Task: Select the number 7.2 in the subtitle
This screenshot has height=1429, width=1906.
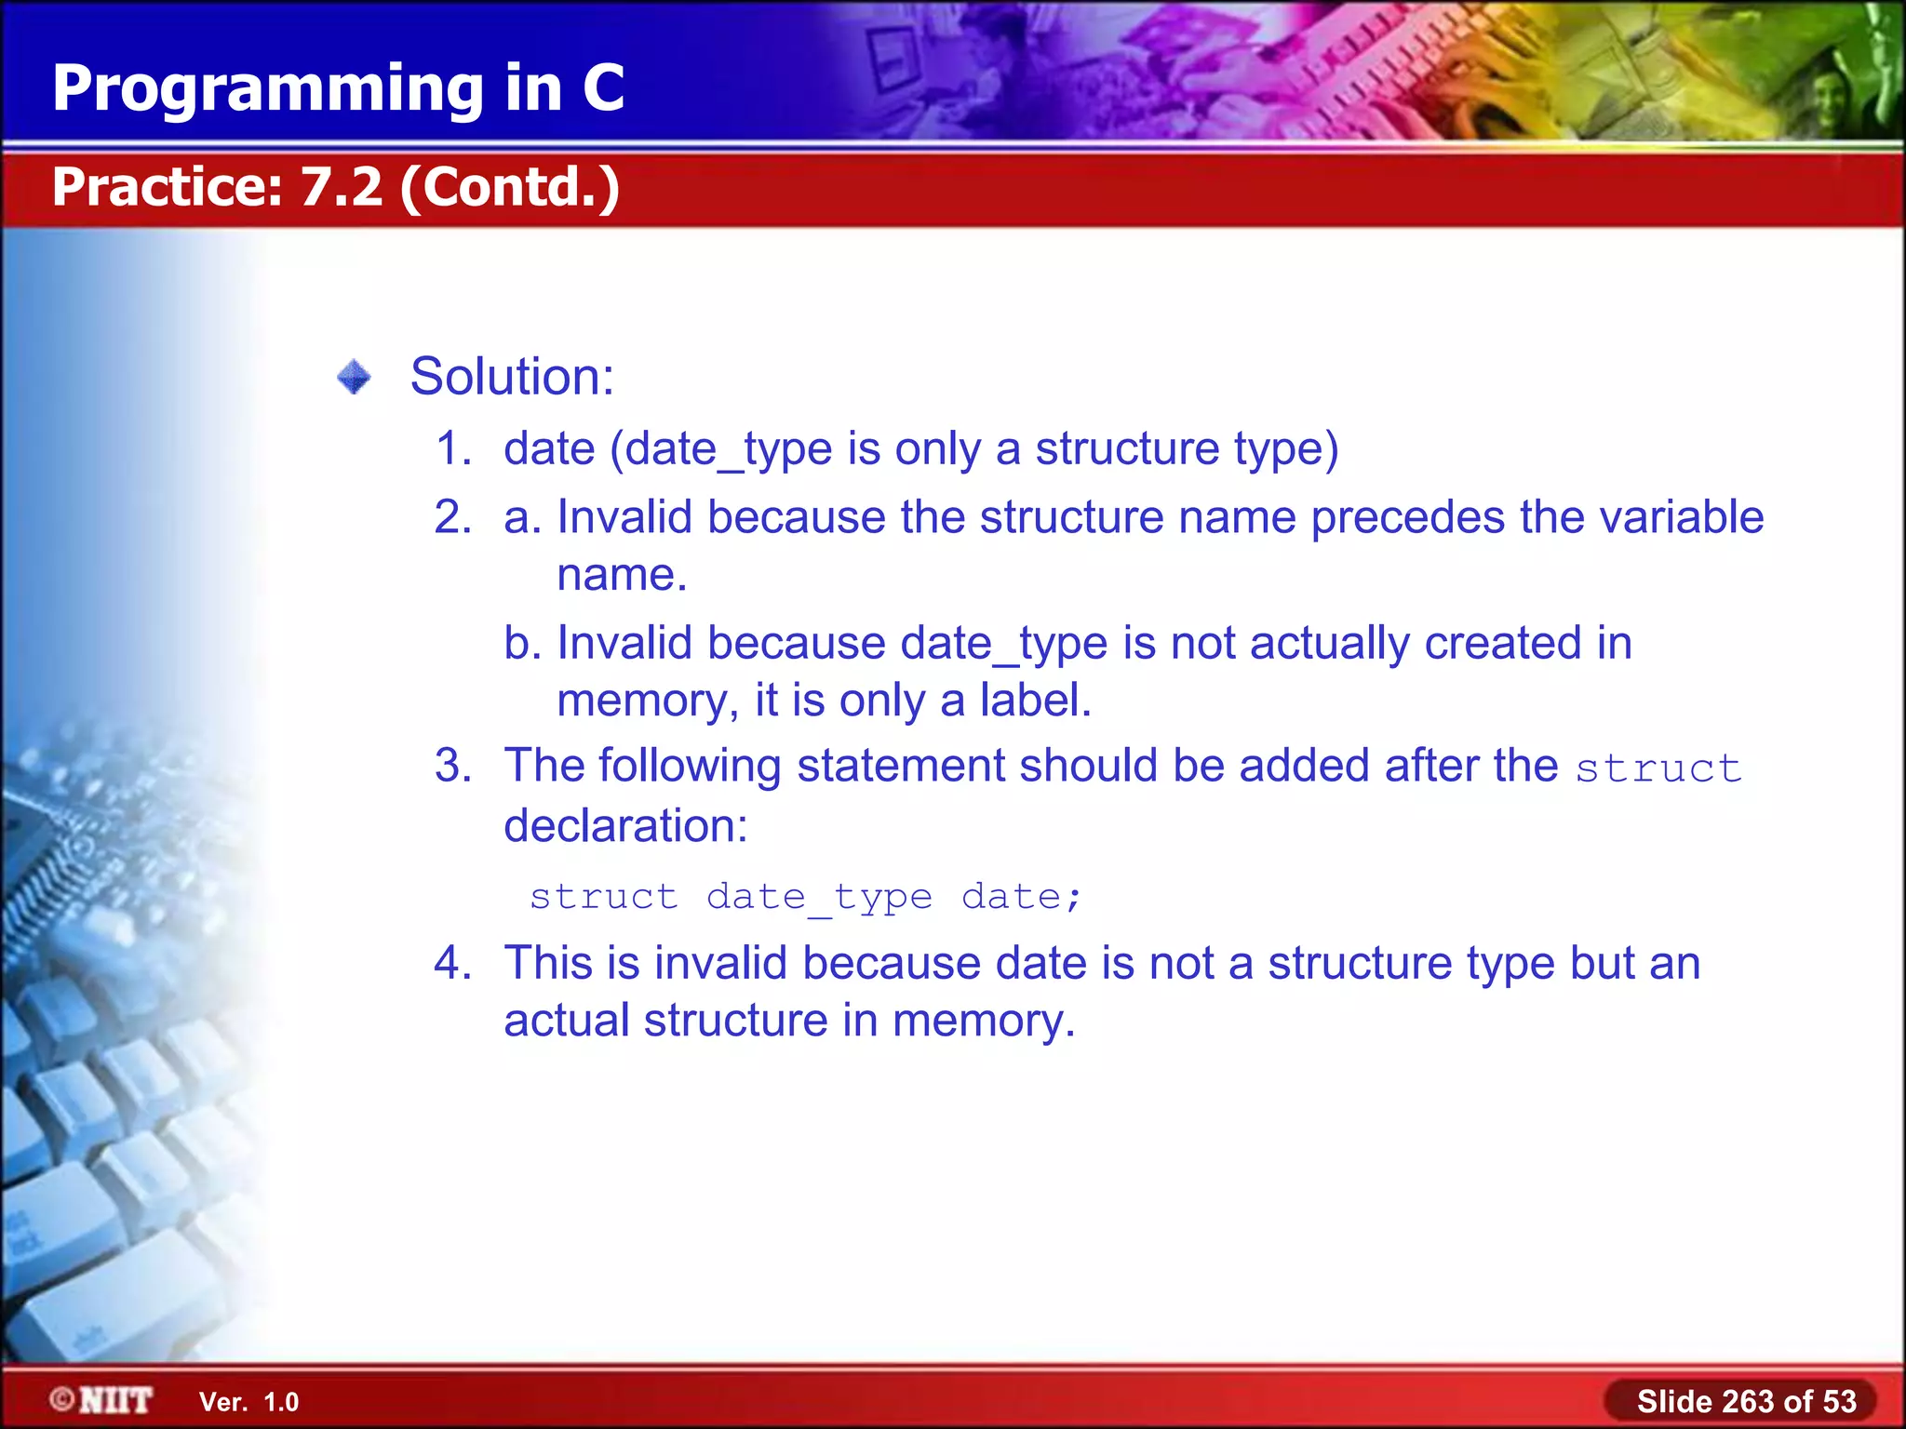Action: click(x=341, y=187)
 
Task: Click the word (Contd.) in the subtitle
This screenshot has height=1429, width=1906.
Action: click(x=510, y=187)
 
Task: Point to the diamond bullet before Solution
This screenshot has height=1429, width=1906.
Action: click(x=354, y=377)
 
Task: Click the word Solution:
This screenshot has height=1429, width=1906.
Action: click(x=512, y=377)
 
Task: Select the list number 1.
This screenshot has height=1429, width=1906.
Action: click(x=453, y=448)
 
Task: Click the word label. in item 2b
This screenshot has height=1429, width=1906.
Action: click(x=1035, y=701)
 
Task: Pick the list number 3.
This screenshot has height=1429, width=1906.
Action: click(x=453, y=766)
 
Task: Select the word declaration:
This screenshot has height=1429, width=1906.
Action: click(x=625, y=825)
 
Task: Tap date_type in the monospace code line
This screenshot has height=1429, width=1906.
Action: click(x=819, y=898)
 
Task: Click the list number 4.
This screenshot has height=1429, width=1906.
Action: click(x=453, y=963)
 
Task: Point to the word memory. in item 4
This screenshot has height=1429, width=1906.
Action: click(x=983, y=1021)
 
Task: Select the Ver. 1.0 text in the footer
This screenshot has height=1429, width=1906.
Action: click(x=248, y=1402)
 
